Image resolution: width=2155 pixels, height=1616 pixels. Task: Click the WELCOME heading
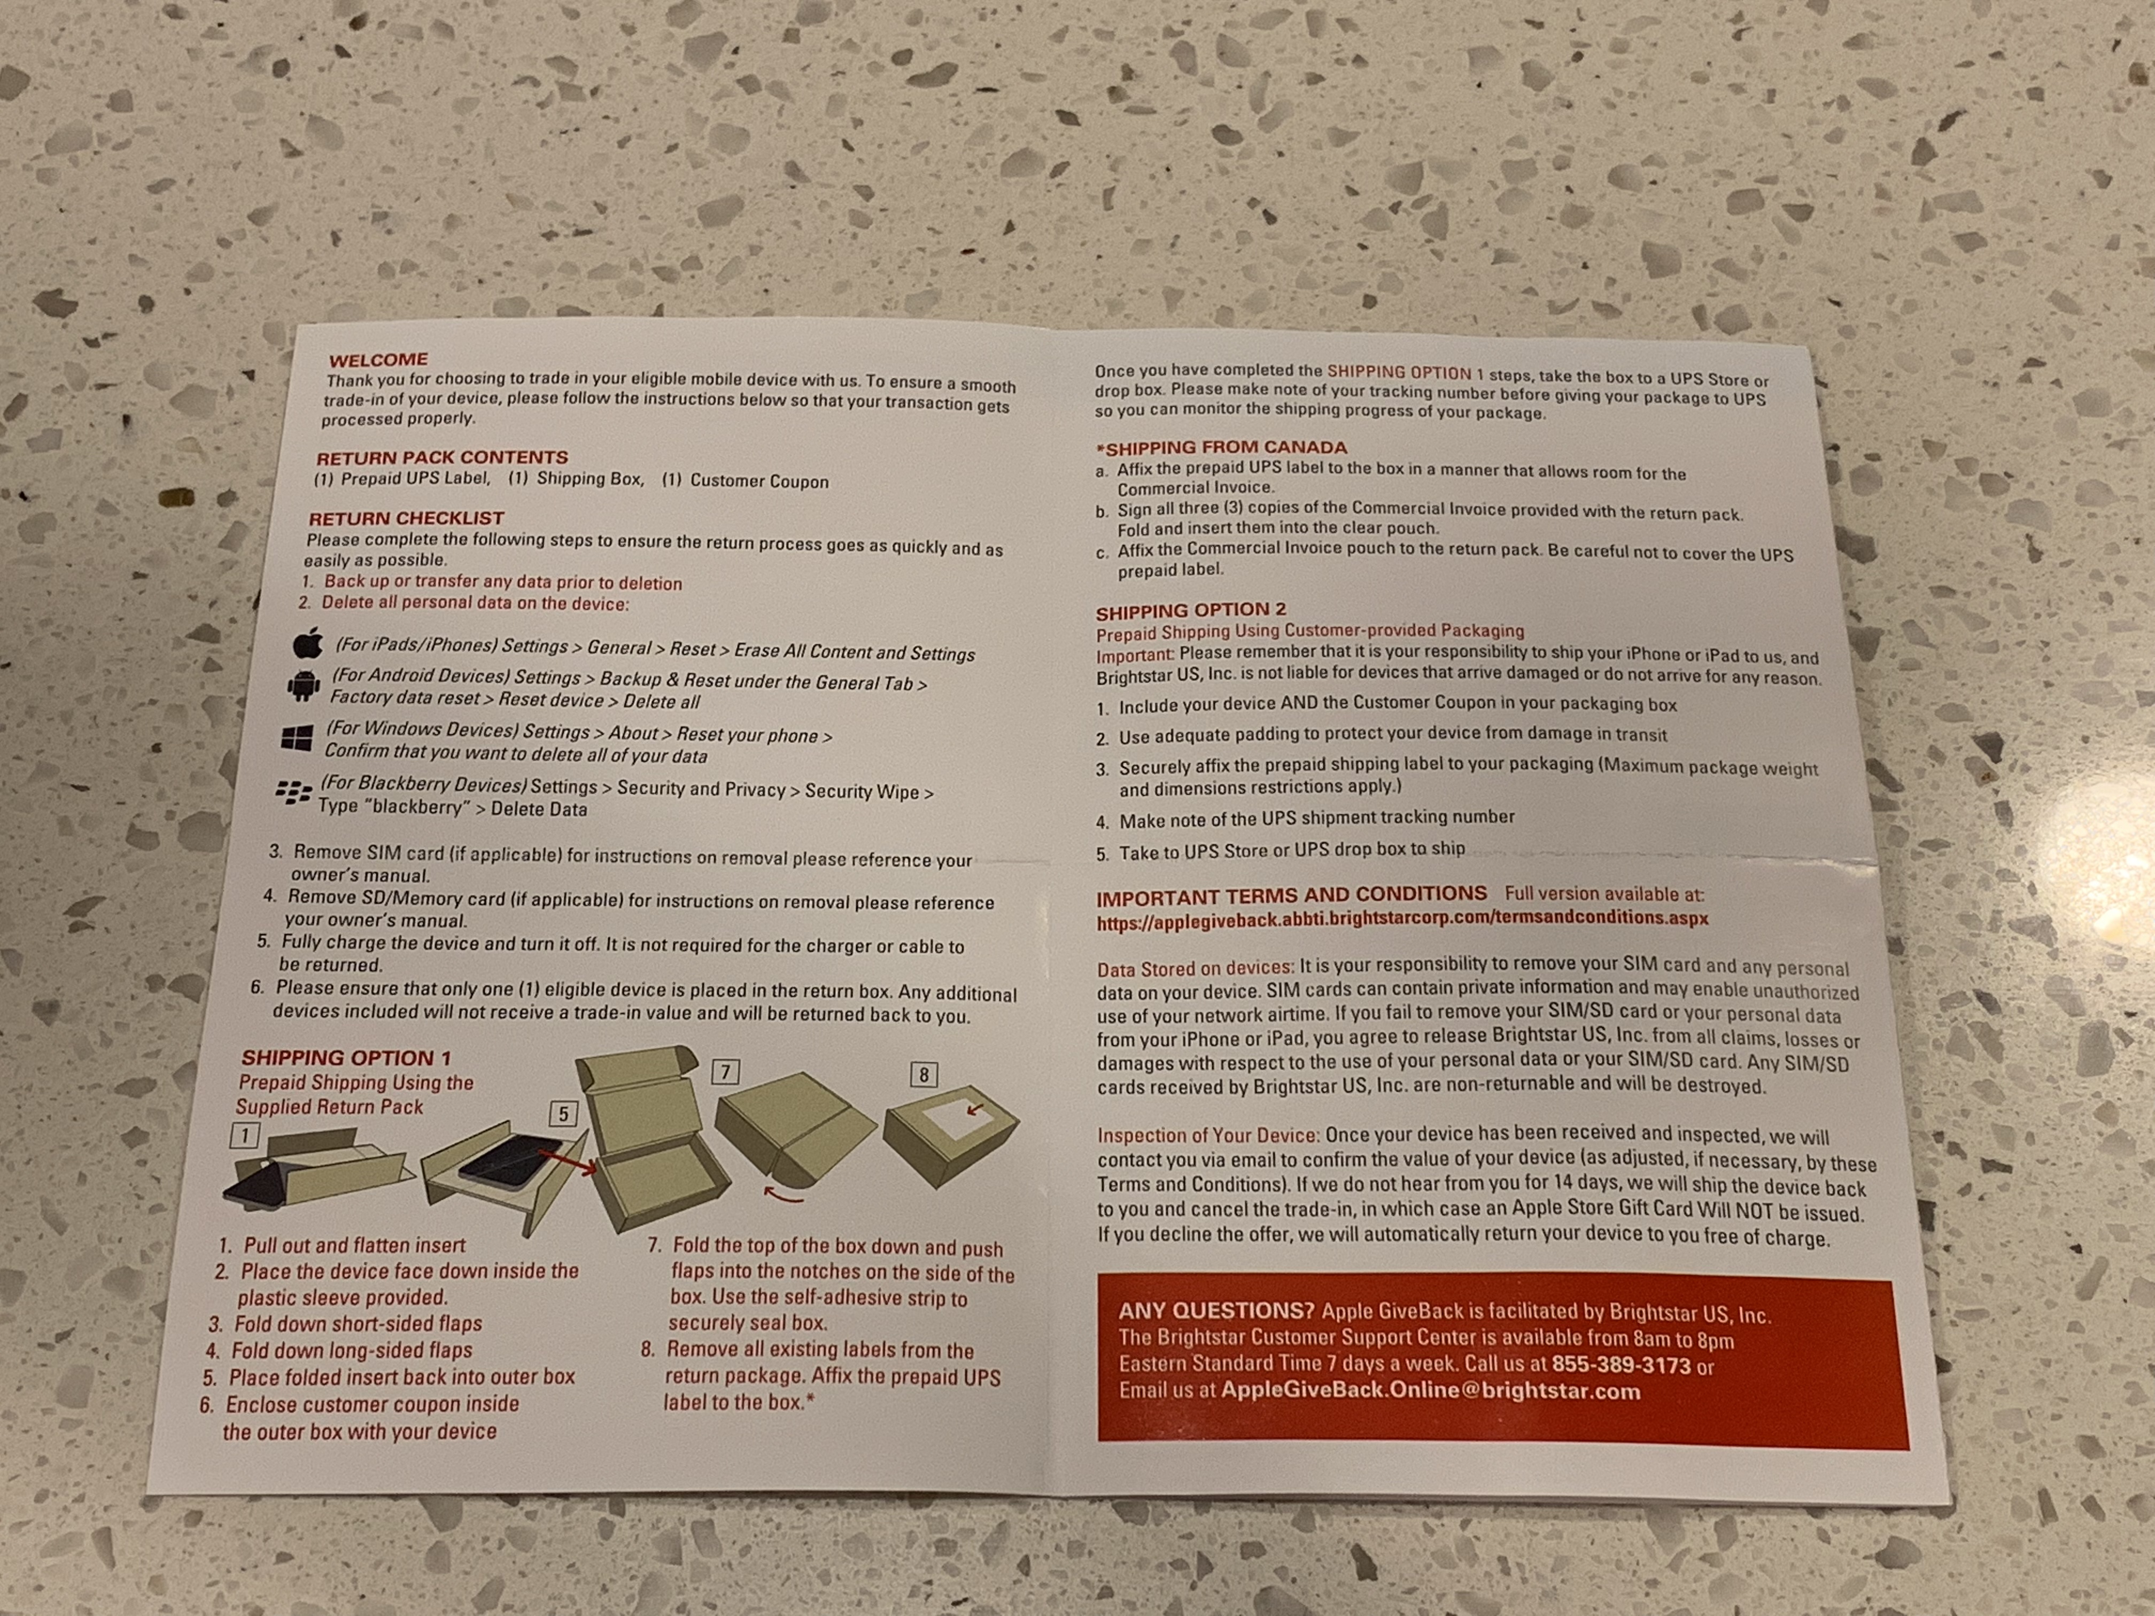pos(378,360)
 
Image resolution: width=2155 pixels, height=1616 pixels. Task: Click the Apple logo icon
pos(308,643)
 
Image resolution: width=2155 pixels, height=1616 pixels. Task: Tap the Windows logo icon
pos(296,737)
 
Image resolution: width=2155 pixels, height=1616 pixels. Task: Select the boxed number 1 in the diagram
pos(245,1135)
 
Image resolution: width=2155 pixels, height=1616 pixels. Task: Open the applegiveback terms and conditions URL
pos(1402,919)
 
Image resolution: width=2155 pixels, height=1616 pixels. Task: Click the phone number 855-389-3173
pos(1621,1366)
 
